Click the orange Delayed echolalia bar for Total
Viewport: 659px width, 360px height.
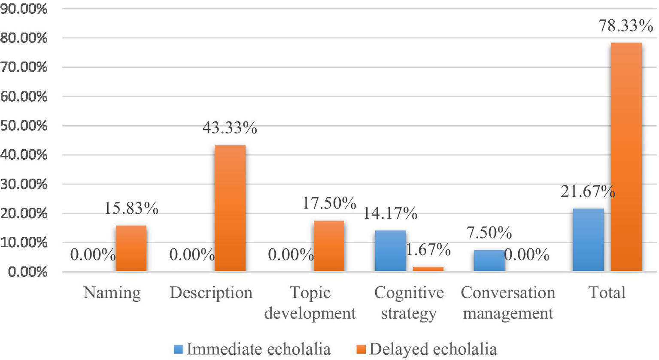(626, 157)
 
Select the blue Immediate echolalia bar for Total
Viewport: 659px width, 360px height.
(588, 240)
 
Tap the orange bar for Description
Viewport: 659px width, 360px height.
(230, 208)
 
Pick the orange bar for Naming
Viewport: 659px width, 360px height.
(131, 248)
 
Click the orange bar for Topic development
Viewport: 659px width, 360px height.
(329, 246)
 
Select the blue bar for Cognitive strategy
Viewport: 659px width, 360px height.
(390, 251)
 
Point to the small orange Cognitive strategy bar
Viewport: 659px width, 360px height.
(428, 269)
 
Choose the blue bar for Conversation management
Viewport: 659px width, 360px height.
(489, 260)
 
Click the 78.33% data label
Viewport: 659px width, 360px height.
(626, 26)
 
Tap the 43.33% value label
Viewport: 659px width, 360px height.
(230, 128)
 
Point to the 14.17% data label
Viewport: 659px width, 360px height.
(390, 213)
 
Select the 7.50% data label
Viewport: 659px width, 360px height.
(489, 233)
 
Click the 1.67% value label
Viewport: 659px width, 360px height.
(428, 249)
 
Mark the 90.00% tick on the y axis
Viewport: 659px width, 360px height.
(24, 9)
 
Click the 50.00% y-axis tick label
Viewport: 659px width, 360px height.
(24, 126)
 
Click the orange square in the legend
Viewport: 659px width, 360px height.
(361, 349)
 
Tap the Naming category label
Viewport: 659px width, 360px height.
(112, 293)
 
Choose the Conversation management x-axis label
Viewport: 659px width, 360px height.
(508, 303)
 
